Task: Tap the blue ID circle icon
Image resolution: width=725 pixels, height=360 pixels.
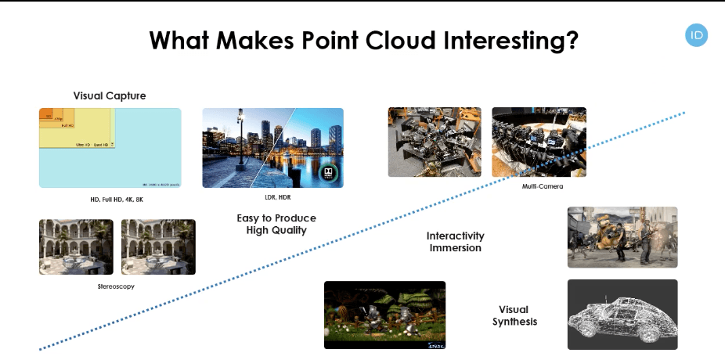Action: (696, 35)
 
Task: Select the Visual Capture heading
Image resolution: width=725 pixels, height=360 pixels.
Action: (110, 95)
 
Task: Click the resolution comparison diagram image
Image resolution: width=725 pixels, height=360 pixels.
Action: (110, 148)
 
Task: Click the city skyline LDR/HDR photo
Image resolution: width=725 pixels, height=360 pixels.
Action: (272, 148)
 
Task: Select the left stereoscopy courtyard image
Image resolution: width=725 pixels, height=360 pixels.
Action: (76, 247)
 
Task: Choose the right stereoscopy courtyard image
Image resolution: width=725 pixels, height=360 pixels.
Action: (158, 247)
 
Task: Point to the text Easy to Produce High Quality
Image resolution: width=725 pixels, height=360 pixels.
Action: (276, 224)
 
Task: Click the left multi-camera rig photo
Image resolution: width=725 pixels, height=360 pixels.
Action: (435, 142)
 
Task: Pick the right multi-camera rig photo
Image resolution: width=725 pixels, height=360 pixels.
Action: (539, 142)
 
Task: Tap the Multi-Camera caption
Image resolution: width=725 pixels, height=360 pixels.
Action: (543, 186)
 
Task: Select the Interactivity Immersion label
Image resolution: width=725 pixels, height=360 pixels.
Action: (455, 242)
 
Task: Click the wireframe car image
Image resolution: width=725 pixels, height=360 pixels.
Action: (622, 314)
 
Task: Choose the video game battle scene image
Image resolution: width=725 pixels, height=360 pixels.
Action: (622, 237)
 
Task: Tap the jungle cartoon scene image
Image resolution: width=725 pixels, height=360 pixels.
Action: (384, 315)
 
